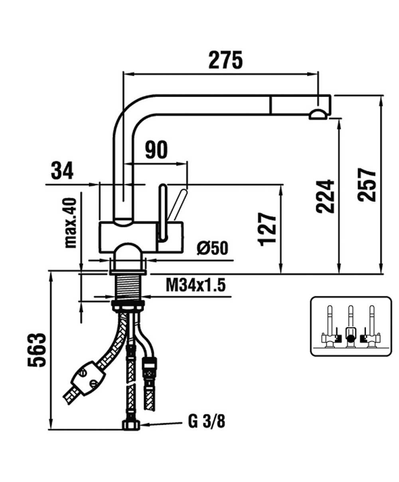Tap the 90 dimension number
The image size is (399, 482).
point(156,150)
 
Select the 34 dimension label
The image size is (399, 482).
point(62,171)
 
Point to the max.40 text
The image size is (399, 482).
point(71,223)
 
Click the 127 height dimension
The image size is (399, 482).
point(267,229)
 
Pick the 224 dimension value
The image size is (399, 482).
point(325,196)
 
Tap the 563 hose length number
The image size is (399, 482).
point(37,350)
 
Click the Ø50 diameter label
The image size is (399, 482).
point(212,248)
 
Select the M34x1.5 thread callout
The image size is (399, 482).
point(196,285)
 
